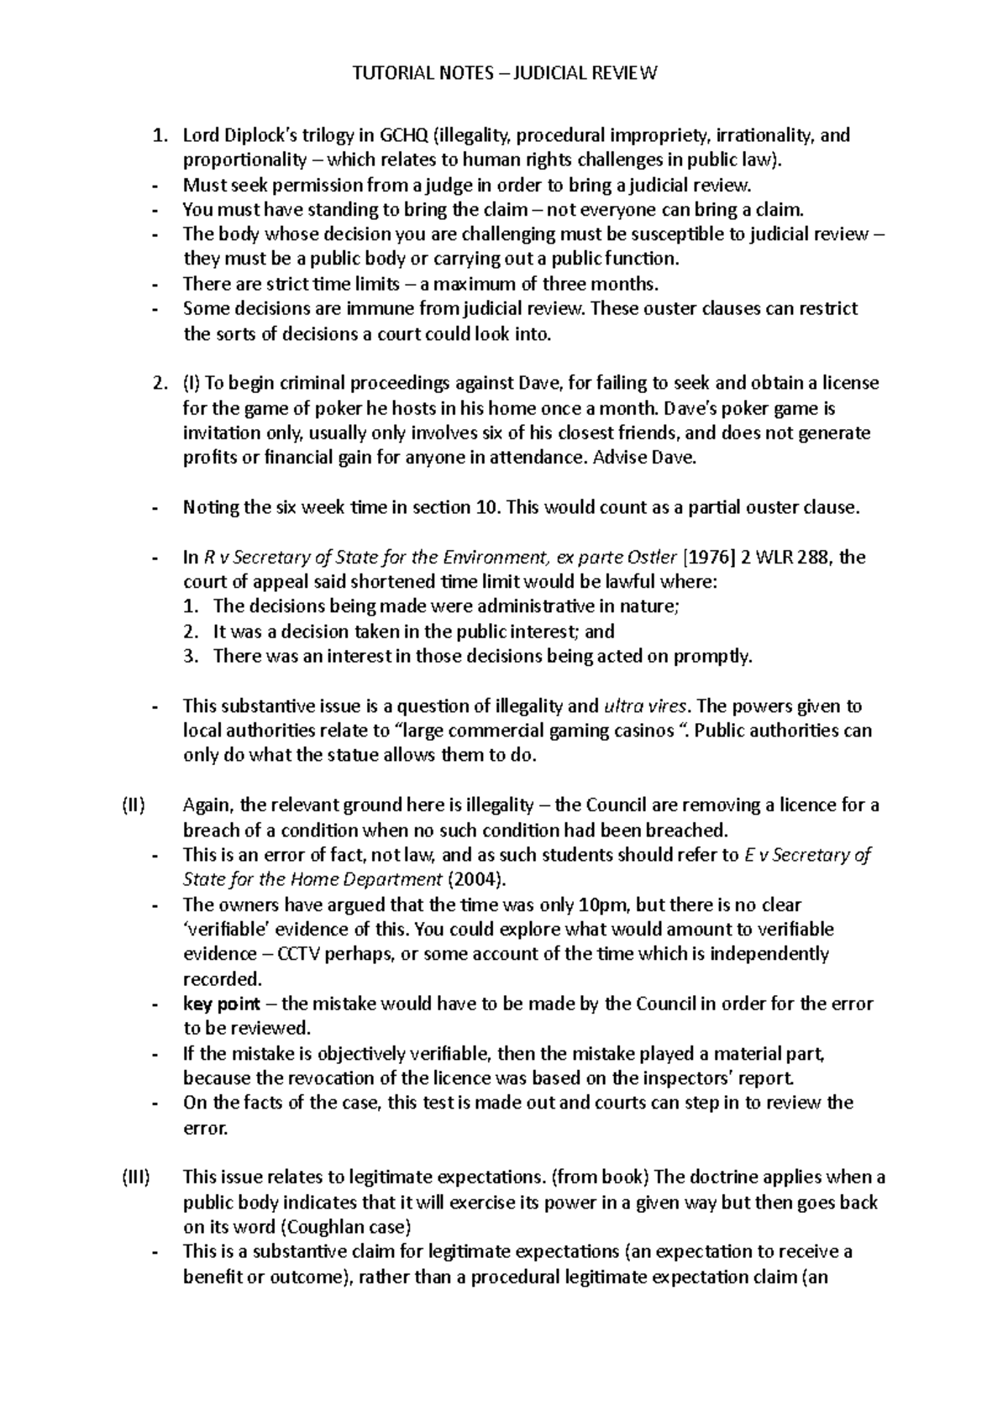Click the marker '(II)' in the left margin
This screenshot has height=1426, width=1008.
pyautogui.click(x=133, y=805)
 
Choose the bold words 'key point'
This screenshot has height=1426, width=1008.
pyautogui.click(x=221, y=1004)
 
